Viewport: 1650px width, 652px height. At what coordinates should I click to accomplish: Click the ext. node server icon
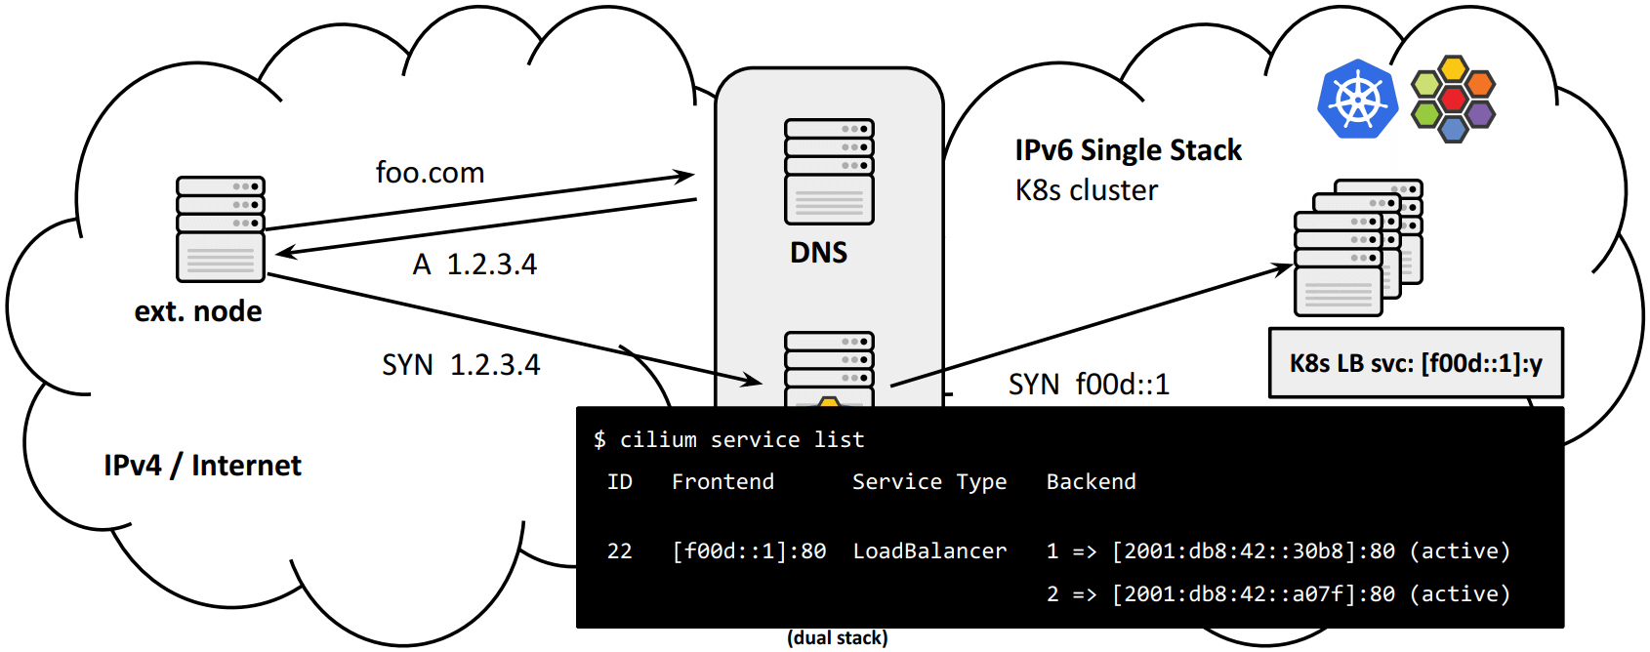point(221,229)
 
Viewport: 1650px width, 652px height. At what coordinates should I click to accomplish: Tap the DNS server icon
point(829,172)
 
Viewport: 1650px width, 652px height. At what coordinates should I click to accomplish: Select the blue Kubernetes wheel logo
point(1357,100)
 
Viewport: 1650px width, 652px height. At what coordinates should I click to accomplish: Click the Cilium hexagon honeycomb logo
point(1453,99)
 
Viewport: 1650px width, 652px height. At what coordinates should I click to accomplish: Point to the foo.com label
point(430,173)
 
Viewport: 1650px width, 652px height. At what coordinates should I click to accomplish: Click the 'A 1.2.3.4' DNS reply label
point(474,265)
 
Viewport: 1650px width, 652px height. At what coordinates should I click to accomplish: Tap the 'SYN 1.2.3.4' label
point(461,365)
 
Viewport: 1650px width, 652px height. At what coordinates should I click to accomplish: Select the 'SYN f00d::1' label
point(1089,385)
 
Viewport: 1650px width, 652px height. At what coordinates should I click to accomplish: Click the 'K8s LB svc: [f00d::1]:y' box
point(1416,363)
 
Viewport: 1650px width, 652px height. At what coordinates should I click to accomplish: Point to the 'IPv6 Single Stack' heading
point(1128,150)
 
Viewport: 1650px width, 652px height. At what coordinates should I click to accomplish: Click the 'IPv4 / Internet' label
point(203,466)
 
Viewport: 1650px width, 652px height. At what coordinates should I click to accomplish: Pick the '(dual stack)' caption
point(838,638)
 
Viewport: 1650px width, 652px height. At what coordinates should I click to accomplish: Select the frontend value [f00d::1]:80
point(749,551)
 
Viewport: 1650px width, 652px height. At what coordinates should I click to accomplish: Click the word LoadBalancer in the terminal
point(929,551)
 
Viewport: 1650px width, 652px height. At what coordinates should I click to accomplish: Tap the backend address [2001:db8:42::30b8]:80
point(1254,551)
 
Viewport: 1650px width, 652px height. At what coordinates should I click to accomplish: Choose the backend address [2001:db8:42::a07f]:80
point(1254,594)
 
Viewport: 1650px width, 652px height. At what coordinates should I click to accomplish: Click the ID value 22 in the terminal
point(620,551)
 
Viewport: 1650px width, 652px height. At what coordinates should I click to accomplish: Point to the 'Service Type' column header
point(929,482)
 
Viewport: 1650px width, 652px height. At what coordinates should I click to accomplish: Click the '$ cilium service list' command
point(729,440)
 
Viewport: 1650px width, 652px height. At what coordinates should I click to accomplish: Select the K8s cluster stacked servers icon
point(1357,248)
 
